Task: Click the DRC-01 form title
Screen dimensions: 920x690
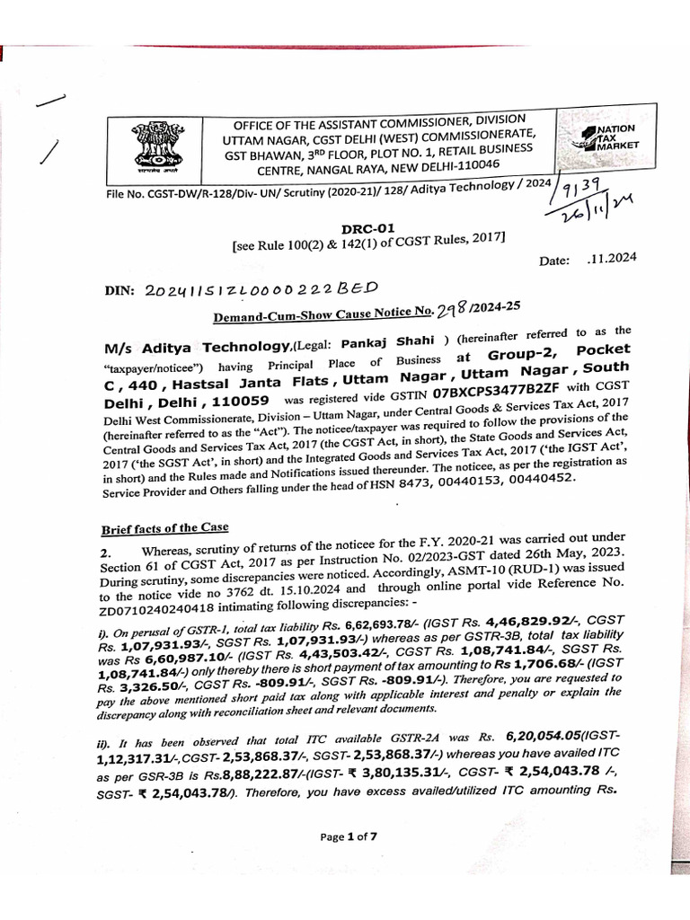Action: point(366,229)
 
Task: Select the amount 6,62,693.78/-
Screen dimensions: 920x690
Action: point(357,623)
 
